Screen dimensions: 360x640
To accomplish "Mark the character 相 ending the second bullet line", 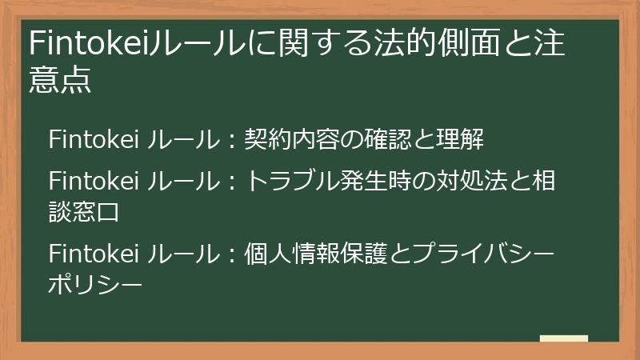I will coord(544,181).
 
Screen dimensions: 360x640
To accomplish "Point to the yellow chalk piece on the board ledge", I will coord(564,338).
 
